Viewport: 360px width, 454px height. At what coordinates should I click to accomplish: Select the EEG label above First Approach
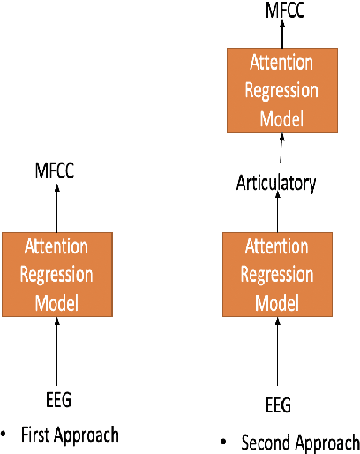tap(56, 400)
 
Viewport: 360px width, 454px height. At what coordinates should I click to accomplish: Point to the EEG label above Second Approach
tap(277, 405)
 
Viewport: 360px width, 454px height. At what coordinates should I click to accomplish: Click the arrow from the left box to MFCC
tap(56, 208)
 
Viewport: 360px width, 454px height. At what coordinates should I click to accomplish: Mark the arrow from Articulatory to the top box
tap(281, 152)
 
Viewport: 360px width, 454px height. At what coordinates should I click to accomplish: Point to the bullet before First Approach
tap(4, 435)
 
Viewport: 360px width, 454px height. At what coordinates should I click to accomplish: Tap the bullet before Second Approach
tap(224, 441)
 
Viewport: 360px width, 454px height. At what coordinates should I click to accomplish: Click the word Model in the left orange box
tap(56, 303)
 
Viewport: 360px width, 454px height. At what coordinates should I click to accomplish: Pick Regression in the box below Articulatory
tap(277, 274)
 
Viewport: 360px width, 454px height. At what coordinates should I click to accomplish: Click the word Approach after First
tap(88, 435)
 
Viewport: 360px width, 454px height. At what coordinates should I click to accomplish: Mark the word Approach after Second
tap(327, 443)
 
